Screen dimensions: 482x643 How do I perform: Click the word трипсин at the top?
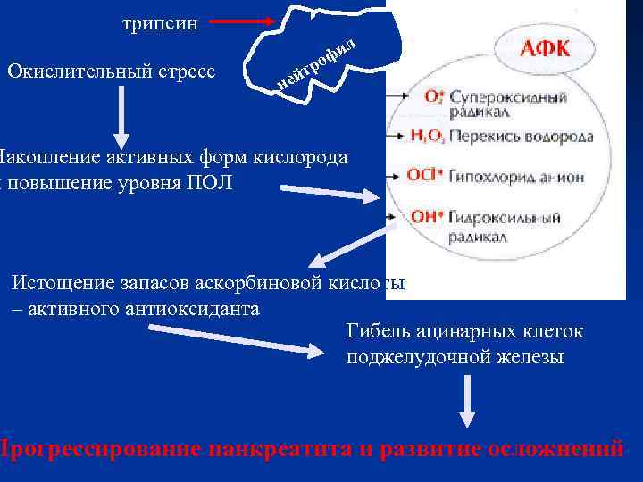pyautogui.click(x=160, y=23)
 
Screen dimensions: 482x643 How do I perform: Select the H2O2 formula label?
pyautogui.click(x=428, y=137)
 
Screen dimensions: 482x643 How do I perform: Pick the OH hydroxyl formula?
pyautogui.click(x=425, y=215)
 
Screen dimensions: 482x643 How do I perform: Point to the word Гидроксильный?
pyautogui.click(x=505, y=217)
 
